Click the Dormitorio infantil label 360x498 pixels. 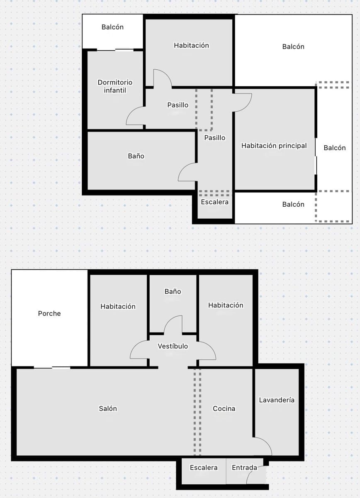[115, 86]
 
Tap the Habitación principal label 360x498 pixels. [274, 146]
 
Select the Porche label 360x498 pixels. [49, 313]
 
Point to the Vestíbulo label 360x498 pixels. [173, 346]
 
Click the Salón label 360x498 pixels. [108, 408]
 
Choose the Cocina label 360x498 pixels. [224, 408]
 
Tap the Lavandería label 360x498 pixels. [277, 400]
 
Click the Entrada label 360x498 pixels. [244, 468]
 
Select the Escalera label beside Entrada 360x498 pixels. [204, 468]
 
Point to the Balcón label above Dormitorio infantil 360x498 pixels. [112, 27]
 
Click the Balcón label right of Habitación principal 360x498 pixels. [335, 148]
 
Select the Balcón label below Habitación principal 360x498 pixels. [293, 204]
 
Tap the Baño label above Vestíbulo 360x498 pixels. [173, 292]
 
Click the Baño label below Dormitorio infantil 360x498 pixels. [136, 156]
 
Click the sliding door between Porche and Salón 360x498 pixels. [52, 367]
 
